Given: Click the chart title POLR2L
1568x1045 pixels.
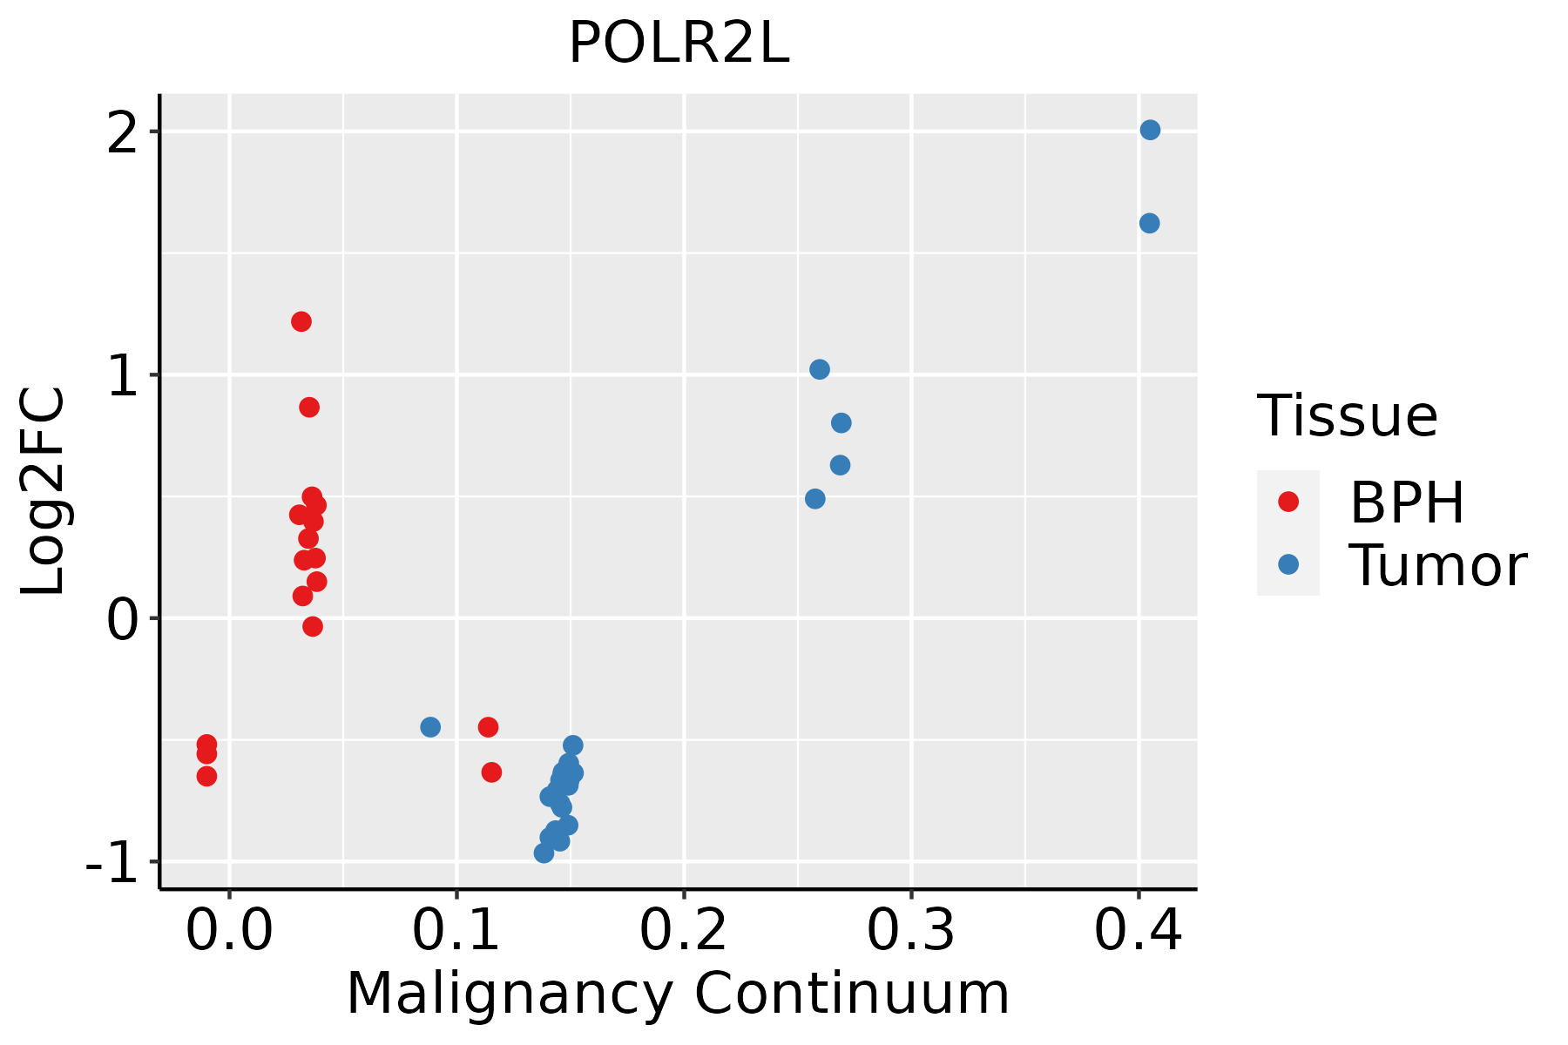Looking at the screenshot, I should (x=679, y=44).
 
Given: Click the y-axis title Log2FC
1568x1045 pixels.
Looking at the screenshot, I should (x=44, y=492).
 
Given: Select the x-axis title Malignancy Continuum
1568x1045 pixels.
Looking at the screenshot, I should (x=678, y=994).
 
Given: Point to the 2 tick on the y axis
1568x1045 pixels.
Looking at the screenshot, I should (x=122, y=131).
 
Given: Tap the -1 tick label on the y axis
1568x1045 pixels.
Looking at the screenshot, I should (x=113, y=862).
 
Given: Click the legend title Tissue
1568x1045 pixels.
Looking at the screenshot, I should (x=1348, y=416).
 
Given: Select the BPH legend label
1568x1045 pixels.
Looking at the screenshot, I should (x=1407, y=502).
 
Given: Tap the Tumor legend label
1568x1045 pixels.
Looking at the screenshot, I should (x=1437, y=566).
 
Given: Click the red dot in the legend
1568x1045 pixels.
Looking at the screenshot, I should (x=1288, y=502).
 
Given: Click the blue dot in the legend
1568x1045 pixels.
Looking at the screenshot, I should (x=1288, y=564).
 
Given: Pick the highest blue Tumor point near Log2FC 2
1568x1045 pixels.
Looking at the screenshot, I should (x=1150, y=130).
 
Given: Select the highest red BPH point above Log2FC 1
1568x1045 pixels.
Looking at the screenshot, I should (x=301, y=321).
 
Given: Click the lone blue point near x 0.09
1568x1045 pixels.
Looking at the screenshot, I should (x=430, y=726).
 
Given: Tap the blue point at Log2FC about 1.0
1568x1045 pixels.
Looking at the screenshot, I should (x=820, y=369).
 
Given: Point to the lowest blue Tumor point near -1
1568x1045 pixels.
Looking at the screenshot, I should (x=544, y=853).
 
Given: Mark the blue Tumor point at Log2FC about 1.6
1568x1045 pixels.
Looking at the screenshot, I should (x=1149, y=223).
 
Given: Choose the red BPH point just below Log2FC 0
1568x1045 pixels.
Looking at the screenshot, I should (x=313, y=626).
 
